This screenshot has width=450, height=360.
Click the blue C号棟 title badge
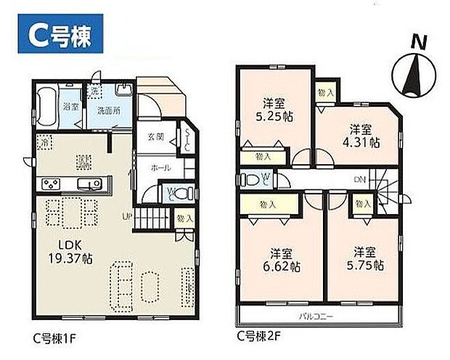pyautogui.click(x=56, y=33)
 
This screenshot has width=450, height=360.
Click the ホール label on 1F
pyautogui.click(x=161, y=168)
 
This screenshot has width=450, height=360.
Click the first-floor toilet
pyautogui.click(x=182, y=192)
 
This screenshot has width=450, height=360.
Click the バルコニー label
pyautogui.click(x=316, y=317)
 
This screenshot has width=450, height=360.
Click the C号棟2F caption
pyautogui.click(x=258, y=336)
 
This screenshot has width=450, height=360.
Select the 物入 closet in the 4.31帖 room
pyautogui.click(x=326, y=92)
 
